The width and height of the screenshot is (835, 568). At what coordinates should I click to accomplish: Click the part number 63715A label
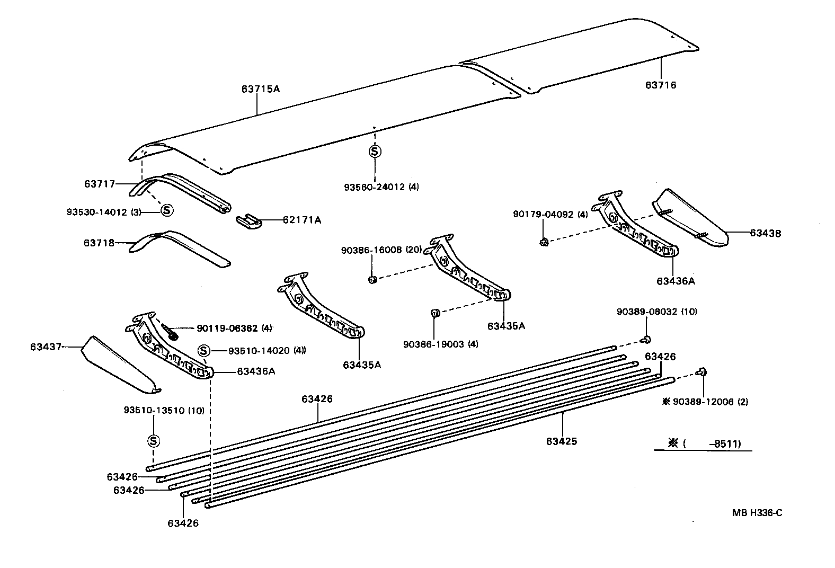260,89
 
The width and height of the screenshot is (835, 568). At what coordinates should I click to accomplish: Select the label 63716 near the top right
661,85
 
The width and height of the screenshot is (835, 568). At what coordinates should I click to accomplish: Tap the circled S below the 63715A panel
375,151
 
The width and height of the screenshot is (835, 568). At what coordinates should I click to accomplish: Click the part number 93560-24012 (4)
381,187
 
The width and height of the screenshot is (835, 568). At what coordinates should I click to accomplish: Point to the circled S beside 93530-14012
166,210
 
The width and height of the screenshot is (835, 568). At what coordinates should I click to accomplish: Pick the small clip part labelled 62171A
248,222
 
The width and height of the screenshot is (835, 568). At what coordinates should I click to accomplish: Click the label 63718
99,243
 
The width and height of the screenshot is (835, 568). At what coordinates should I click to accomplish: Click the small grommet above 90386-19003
434,313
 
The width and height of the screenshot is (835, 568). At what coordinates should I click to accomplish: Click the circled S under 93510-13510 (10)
153,440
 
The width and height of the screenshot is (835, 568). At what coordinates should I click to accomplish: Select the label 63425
561,441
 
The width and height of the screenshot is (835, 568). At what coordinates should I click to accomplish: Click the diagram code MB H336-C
757,512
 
